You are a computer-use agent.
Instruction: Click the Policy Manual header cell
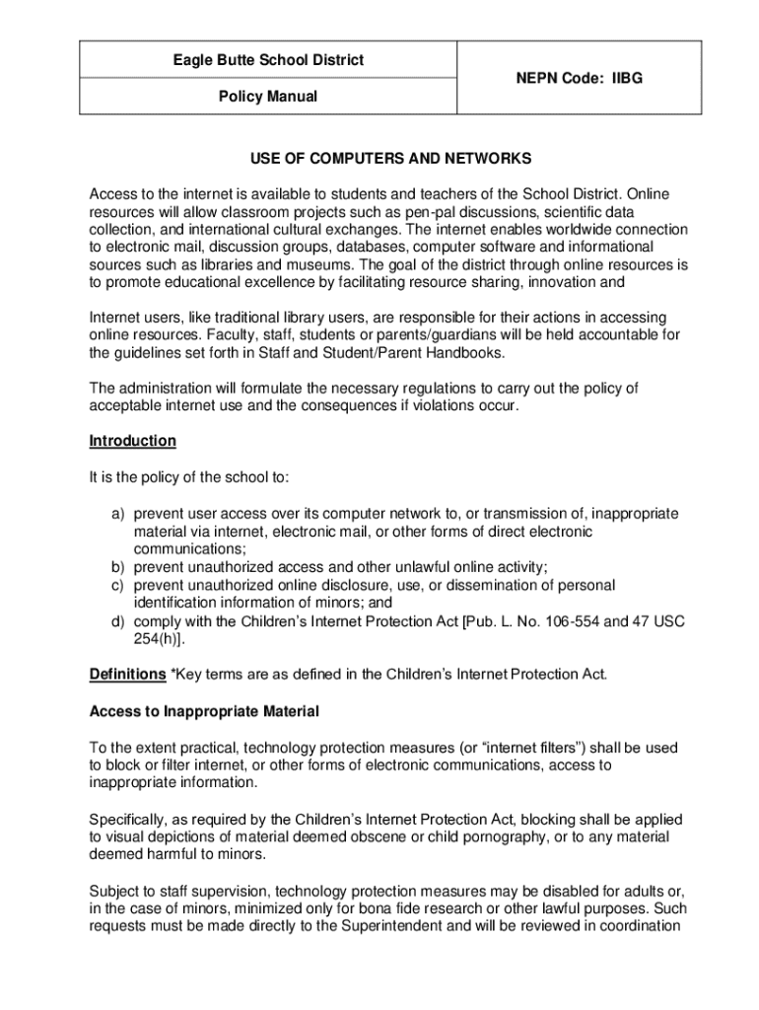(x=268, y=97)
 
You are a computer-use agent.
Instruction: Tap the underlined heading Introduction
(x=133, y=441)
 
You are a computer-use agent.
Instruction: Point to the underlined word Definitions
(x=127, y=675)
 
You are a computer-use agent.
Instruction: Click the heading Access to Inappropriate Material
(x=204, y=711)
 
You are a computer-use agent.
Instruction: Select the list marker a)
(x=116, y=514)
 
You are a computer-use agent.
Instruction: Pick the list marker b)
(x=116, y=567)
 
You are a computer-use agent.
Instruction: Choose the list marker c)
(x=116, y=585)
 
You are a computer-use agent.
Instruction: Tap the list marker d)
(x=116, y=621)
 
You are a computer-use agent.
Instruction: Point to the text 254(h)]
(x=162, y=639)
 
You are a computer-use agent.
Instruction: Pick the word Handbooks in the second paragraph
(x=468, y=352)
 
